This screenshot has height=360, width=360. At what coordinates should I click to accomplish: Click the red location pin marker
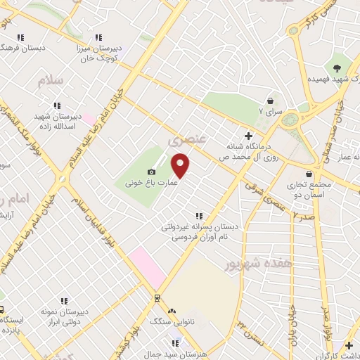[181, 165]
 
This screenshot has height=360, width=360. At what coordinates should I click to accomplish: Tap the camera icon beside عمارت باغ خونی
[151, 172]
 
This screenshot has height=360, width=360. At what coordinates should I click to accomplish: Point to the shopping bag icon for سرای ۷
[270, 101]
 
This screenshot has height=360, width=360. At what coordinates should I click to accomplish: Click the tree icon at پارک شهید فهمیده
[337, 68]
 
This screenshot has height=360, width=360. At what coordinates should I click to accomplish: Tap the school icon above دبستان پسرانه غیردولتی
[200, 216]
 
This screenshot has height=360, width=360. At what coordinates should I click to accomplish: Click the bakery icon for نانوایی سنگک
[172, 310]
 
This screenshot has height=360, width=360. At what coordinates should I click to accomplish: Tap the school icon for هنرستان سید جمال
[176, 342]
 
